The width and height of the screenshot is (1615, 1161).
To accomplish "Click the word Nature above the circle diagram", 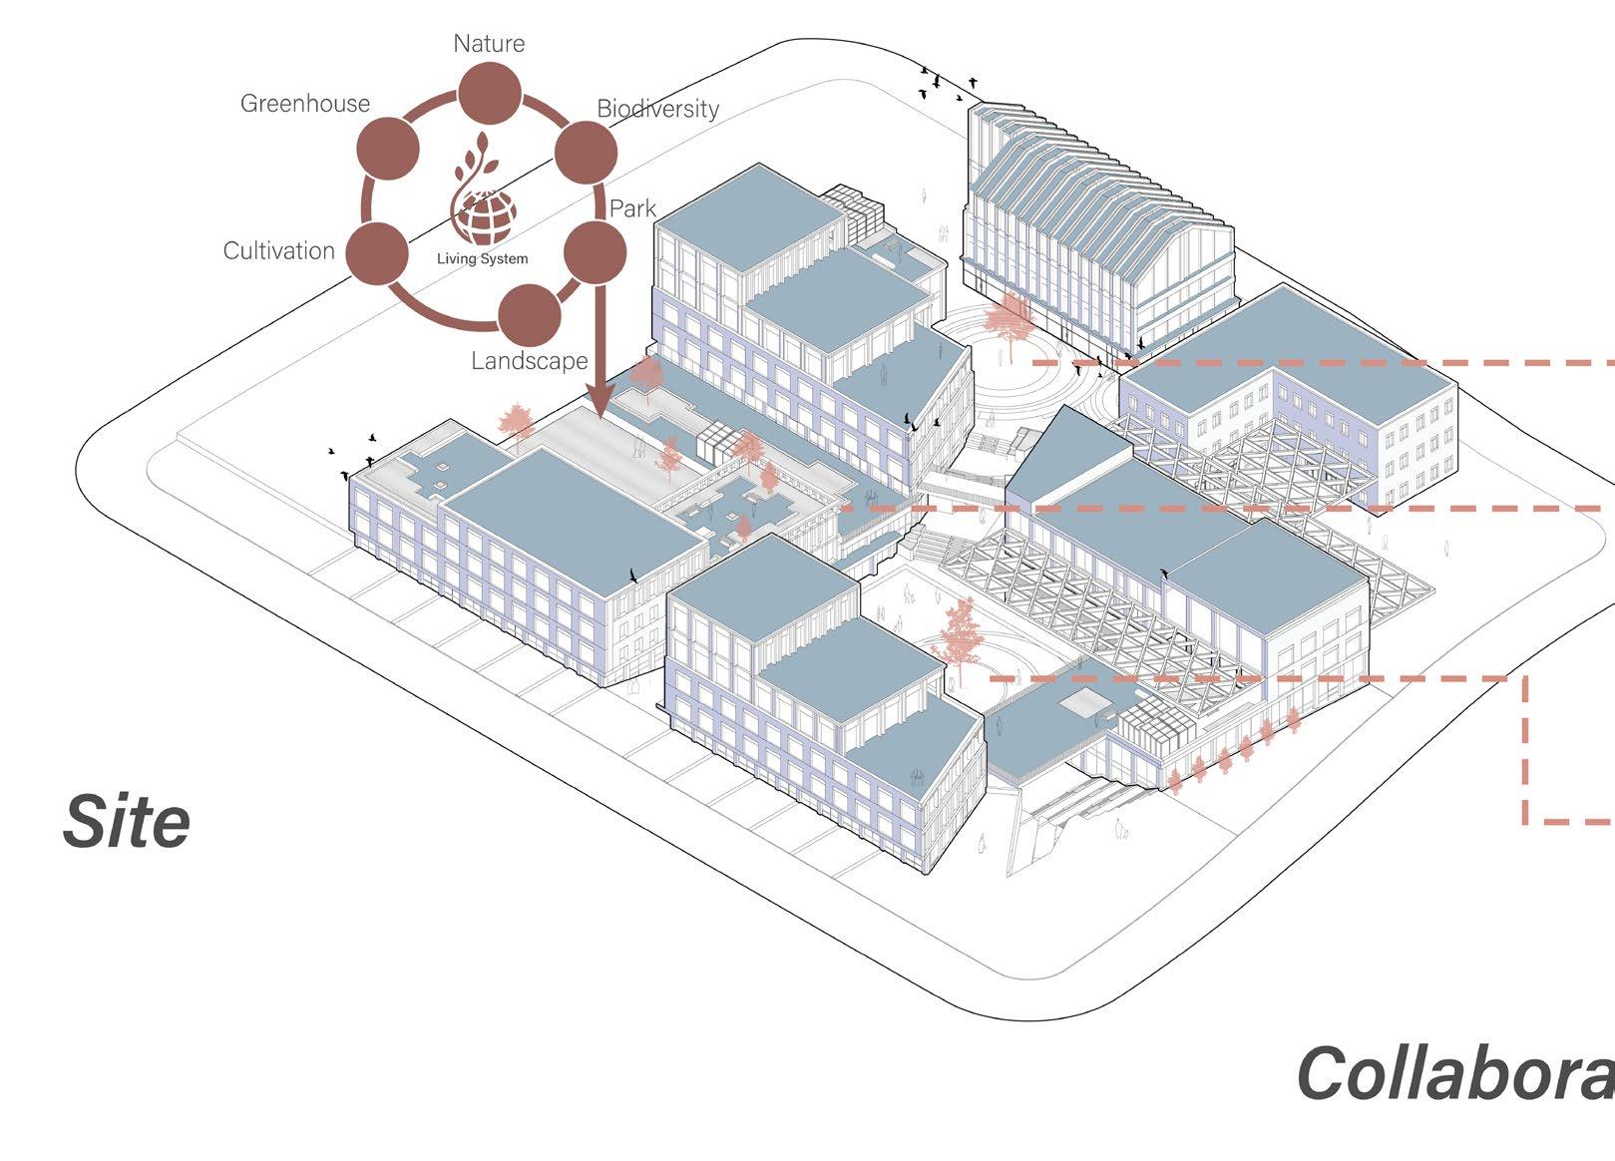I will tap(489, 44).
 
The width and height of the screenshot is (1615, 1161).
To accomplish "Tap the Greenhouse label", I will tap(305, 104).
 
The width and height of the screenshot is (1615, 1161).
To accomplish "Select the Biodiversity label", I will tap(658, 109).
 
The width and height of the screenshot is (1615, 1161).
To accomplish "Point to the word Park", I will tap(632, 208).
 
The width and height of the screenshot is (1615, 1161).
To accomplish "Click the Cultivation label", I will tap(279, 250).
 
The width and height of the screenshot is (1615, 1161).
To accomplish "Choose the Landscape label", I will tap(530, 360).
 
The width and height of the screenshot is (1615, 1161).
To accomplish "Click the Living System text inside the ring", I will tap(483, 259).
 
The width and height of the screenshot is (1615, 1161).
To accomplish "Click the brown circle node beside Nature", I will tap(489, 93).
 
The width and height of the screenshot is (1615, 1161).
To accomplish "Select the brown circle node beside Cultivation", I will tap(378, 252).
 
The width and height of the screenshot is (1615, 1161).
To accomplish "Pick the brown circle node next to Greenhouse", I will tap(388, 148).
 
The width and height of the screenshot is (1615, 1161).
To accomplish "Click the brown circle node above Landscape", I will tap(529, 314).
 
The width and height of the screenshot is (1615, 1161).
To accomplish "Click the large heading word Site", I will tap(127, 822).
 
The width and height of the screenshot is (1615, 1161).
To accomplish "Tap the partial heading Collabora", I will tap(1454, 1074).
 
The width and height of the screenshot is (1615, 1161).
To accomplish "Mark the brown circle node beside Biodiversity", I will tap(586, 153).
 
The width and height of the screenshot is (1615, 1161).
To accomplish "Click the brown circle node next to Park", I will tap(595, 252).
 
